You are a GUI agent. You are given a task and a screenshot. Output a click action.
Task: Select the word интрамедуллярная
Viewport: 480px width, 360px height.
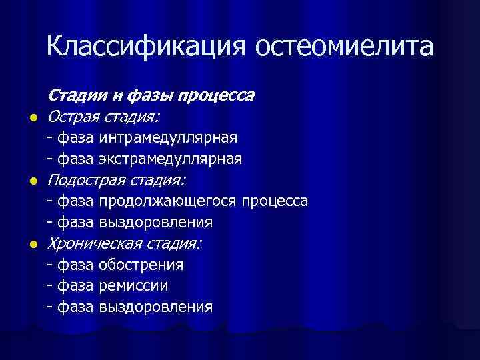tap(167, 137)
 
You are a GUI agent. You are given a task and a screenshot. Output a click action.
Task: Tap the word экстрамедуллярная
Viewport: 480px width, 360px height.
tap(169, 159)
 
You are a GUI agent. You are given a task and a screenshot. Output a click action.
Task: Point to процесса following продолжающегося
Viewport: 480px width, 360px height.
tap(275, 201)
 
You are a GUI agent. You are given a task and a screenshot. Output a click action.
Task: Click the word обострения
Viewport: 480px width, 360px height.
tap(141, 265)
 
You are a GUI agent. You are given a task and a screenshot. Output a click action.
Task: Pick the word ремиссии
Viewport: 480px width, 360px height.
tap(133, 286)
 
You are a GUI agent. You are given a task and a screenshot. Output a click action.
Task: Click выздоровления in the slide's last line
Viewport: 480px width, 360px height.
tap(155, 307)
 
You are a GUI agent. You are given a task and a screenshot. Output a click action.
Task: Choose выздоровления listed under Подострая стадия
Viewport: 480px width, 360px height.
tap(155, 222)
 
